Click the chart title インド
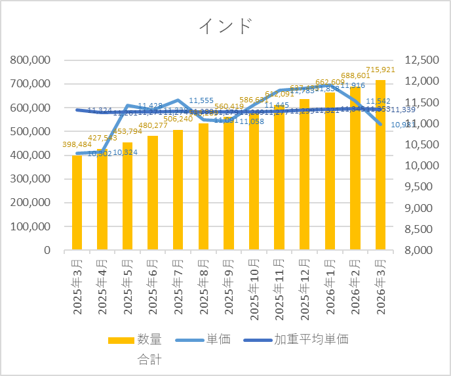click(226, 26)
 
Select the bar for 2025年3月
click(77, 203)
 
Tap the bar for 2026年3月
click(380, 165)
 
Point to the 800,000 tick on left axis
click(31, 60)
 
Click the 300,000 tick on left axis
click(31, 179)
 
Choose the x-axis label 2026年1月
click(330, 287)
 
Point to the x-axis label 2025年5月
click(128, 287)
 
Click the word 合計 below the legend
click(149, 359)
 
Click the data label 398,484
click(76, 144)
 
